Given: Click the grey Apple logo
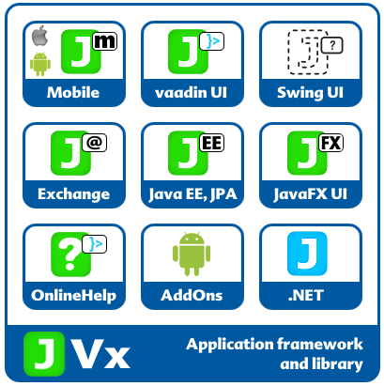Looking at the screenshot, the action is coord(39,36).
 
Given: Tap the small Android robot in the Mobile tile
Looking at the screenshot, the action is coord(40,64).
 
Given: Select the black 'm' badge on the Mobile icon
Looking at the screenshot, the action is coord(104,41).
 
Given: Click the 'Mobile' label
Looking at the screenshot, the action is coord(73,92).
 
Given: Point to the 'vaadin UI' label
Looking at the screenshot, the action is coord(192,93).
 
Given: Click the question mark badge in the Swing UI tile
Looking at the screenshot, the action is coord(332,46).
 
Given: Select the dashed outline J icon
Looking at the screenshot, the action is coord(308,53).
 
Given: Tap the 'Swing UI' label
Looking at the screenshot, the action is coord(310,93).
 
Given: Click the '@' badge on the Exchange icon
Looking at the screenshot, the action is coord(95,143).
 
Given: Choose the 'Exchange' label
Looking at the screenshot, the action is coord(74,194).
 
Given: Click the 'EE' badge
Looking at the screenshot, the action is coord(212,143).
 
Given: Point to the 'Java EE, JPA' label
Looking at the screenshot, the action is coord(192,194).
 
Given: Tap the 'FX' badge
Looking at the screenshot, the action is coord(331,143).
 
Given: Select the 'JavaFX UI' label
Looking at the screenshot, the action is coord(310,194).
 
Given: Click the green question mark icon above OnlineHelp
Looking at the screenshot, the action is coord(70,255).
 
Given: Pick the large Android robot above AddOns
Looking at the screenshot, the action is coord(192,254).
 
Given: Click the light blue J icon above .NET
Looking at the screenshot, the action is coord(307,254).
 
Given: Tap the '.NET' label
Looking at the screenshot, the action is coord(306,296).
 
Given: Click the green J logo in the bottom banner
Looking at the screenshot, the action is coord(44,354).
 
